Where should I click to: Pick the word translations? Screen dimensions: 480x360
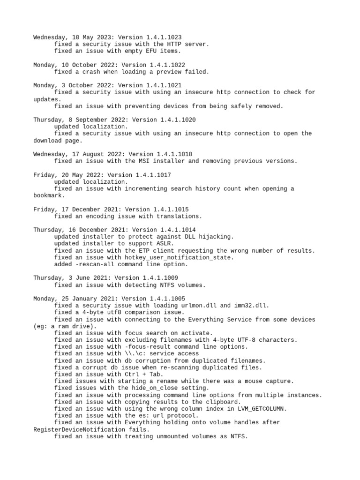click(180, 216)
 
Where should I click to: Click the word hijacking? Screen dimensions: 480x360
click(213, 237)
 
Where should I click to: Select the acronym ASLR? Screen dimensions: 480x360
click(165, 244)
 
